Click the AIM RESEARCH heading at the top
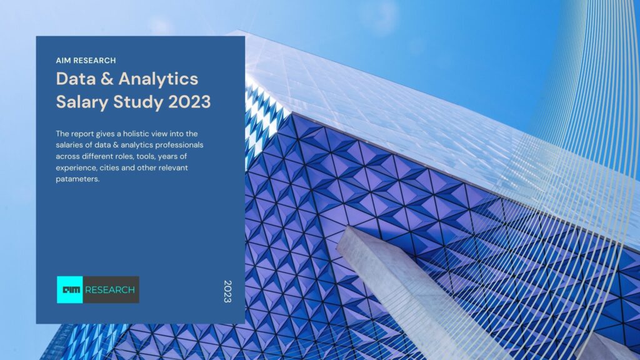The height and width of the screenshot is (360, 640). pyautogui.click(x=86, y=61)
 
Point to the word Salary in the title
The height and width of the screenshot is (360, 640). pyautogui.click(x=79, y=102)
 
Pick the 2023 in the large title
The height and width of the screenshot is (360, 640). pyautogui.click(x=189, y=102)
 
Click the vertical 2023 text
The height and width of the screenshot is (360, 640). pyautogui.click(x=227, y=291)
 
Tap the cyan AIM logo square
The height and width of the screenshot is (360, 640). pyautogui.click(x=69, y=290)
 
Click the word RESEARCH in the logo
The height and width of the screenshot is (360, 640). pyautogui.click(x=109, y=290)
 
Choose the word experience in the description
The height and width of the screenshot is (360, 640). pyautogui.click(x=77, y=168)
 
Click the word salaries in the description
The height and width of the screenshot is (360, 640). pyautogui.click(x=71, y=145)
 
